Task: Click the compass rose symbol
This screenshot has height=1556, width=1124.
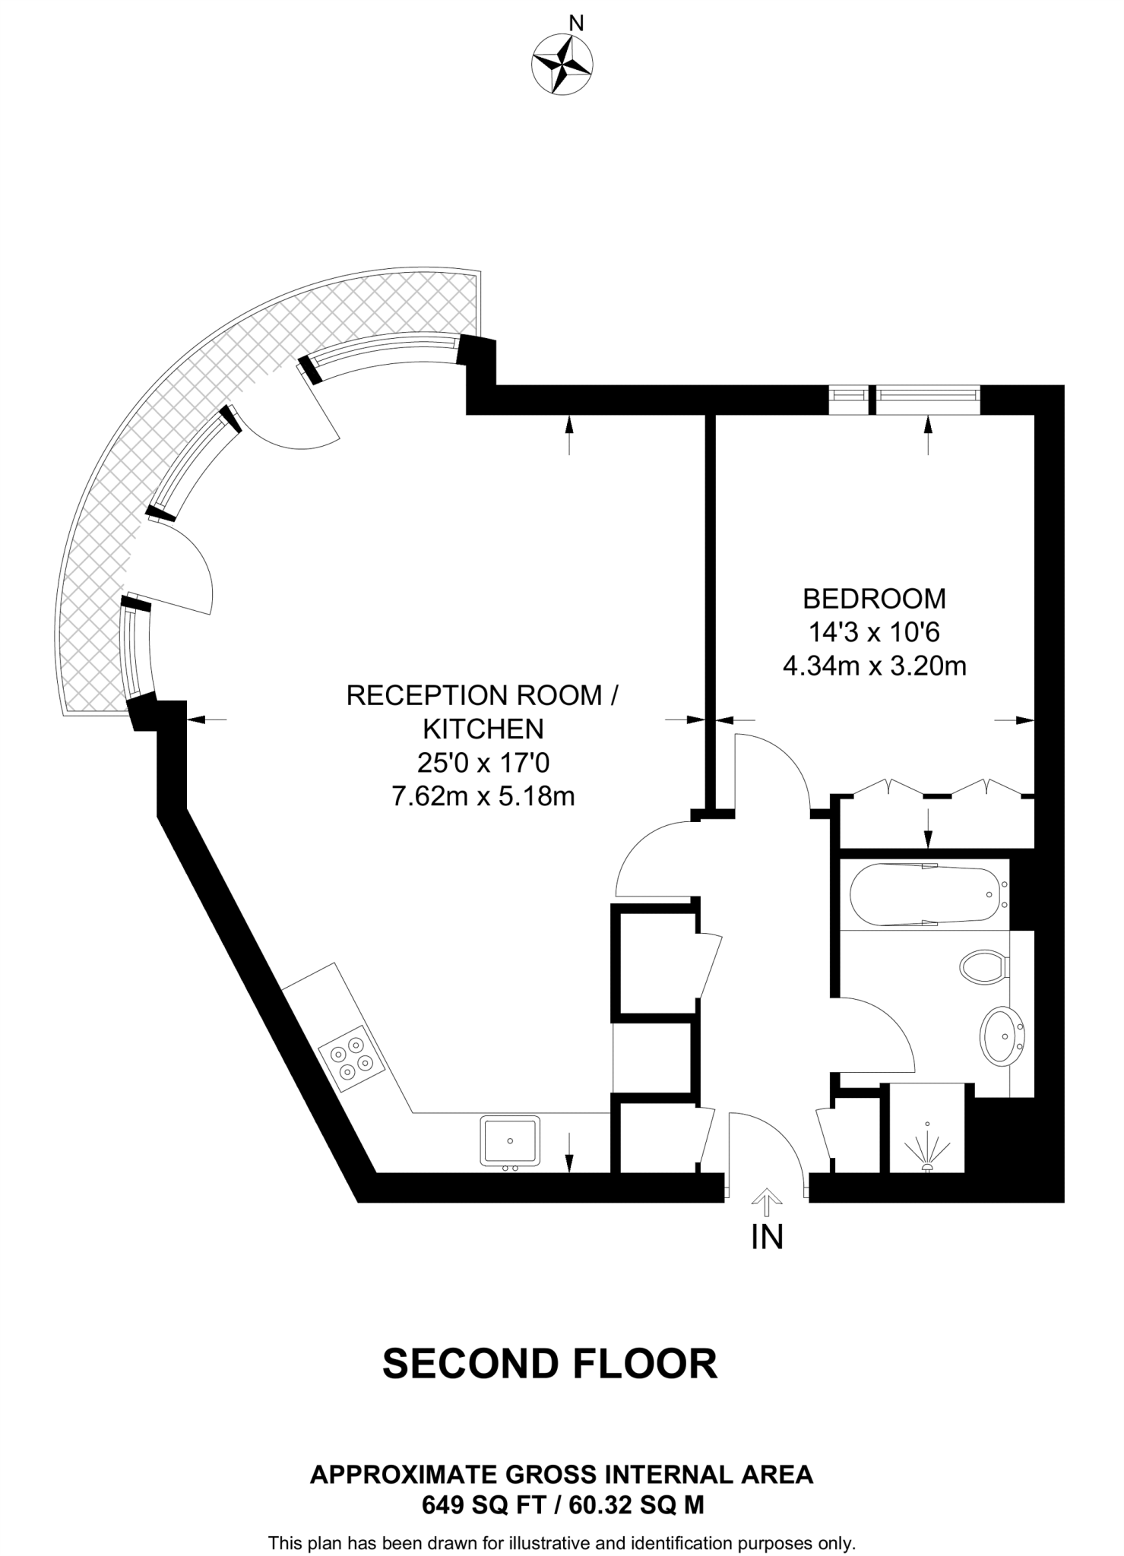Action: tap(562, 65)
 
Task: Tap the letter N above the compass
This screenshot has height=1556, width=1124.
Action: tap(576, 24)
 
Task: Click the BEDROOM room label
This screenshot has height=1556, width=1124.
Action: tap(874, 599)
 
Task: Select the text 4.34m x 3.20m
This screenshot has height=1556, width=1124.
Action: tap(874, 666)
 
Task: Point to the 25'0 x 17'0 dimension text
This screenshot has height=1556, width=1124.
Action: tap(483, 762)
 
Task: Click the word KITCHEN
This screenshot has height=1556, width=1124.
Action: tap(483, 729)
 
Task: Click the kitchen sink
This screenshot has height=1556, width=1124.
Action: tap(510, 1141)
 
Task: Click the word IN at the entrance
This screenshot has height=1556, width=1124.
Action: tap(767, 1238)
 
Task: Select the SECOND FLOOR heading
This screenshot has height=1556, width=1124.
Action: tap(549, 1364)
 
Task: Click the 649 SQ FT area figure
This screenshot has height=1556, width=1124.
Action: tap(483, 1505)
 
